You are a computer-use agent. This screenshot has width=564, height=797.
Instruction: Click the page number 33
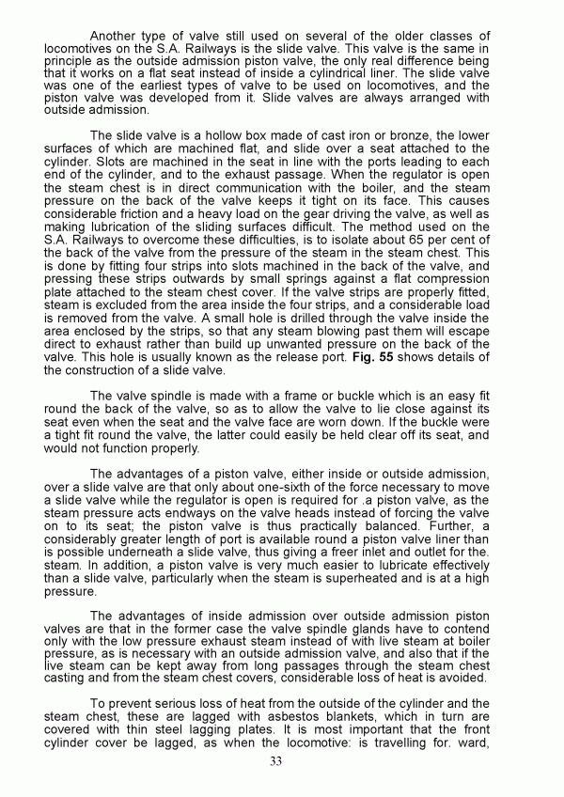(275, 761)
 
